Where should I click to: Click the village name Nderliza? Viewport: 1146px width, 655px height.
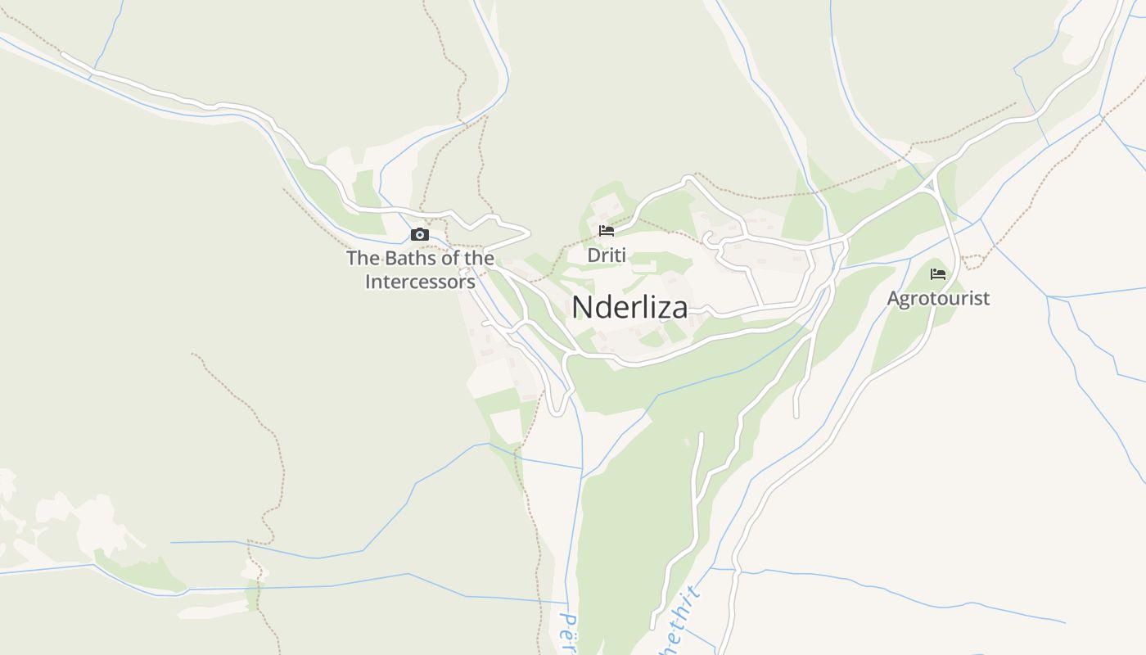(629, 308)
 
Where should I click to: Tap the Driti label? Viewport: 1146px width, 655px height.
(607, 255)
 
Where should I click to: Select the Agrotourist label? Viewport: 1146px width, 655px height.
(938, 298)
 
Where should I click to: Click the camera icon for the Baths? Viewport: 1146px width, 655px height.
(420, 235)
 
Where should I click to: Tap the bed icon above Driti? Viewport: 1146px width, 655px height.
(607, 231)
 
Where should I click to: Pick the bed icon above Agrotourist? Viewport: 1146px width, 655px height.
(938, 273)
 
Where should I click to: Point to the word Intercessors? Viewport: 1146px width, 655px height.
(421, 282)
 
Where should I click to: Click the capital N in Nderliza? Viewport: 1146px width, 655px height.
(581, 308)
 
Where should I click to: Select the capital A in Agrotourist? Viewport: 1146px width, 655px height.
(894, 298)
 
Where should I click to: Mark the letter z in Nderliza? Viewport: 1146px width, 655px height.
(663, 309)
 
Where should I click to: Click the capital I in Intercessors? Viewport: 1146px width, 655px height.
(368, 282)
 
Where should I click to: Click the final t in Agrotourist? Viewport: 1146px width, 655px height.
(986, 298)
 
